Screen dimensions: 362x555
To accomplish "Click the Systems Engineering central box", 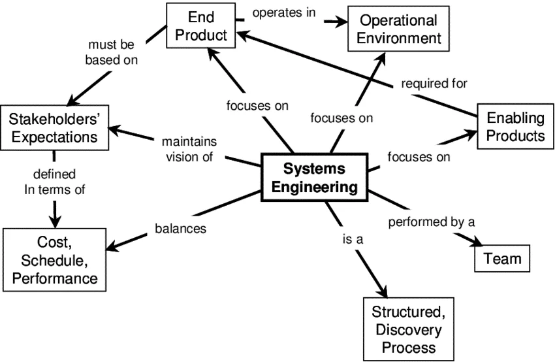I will tap(315, 178).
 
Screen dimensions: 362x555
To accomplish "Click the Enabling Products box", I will tap(515, 127).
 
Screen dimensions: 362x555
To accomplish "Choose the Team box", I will tap(502, 259).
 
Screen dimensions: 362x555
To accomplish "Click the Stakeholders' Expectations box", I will tap(54, 127).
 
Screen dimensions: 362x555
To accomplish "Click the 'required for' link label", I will tap(434, 83).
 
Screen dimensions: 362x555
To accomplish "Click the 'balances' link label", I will tap(180, 229).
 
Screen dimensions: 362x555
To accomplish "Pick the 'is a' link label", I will tap(352, 239).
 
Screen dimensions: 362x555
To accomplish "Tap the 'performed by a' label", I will tap(431, 222).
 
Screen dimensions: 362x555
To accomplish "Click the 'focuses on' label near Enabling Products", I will tap(419, 157).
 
